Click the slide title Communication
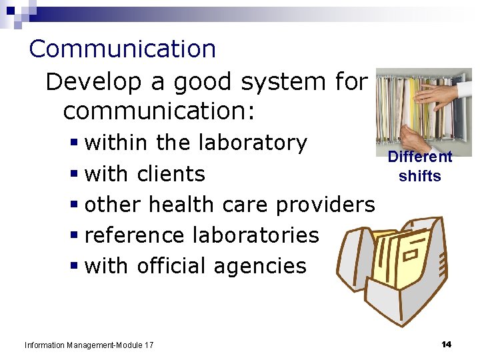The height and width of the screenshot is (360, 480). [123, 49]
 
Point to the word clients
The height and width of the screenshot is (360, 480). [171, 174]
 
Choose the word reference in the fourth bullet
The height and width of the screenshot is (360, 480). [135, 235]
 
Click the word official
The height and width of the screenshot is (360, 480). [172, 266]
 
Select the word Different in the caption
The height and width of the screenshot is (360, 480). [420, 157]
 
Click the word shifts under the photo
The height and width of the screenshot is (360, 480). [420, 176]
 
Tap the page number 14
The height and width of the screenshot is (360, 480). [446, 344]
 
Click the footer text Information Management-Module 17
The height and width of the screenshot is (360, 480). [89, 345]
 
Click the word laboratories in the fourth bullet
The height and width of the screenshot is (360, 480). [255, 235]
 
